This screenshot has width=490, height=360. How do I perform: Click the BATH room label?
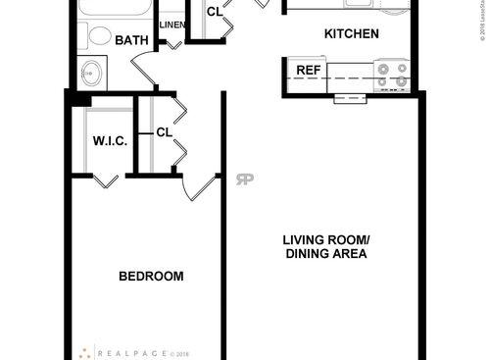point(131,41)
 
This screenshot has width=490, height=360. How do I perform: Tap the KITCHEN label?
point(351,34)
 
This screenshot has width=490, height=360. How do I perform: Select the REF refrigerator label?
point(308,70)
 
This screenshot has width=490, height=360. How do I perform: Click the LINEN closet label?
point(172,25)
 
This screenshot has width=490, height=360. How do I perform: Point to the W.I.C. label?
point(110,141)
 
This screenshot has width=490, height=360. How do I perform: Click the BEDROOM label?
point(151,277)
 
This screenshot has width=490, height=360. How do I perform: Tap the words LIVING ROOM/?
point(325,240)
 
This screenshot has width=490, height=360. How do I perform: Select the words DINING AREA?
point(325,255)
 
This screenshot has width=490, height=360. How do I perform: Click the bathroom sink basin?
point(94,73)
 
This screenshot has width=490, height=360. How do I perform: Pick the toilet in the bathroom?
point(99,37)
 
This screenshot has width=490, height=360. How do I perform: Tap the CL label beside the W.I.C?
point(164,132)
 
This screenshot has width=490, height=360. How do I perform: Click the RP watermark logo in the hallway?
point(244,180)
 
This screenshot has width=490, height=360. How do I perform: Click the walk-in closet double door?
point(108,178)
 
